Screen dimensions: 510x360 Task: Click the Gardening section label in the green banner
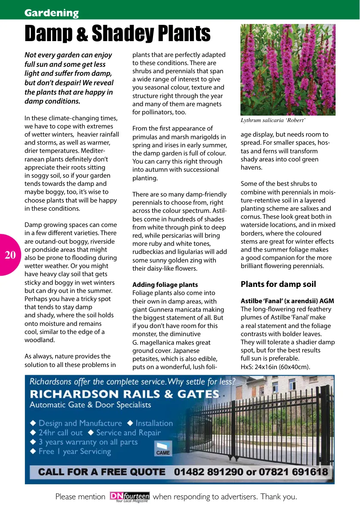click(51, 13)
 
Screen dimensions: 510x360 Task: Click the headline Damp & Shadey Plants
click(117, 34)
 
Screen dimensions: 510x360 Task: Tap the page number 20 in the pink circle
click(10, 255)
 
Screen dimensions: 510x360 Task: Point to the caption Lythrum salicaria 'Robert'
click(273, 120)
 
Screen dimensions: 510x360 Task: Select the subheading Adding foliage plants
click(165, 285)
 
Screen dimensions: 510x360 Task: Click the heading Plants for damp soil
click(278, 284)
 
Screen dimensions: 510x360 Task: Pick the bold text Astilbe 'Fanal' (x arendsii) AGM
click(287, 301)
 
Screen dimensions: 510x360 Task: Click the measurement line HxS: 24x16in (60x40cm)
click(275, 367)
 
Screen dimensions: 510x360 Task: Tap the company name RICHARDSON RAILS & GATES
click(124, 394)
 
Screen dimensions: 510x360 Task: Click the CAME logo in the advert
click(163, 449)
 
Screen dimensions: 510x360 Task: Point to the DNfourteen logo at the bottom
click(129, 497)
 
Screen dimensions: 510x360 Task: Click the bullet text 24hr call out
click(60, 433)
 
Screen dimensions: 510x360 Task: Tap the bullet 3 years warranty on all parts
click(88, 442)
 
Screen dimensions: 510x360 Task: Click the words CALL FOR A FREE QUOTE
click(102, 472)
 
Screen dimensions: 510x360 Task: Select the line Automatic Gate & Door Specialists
click(90, 405)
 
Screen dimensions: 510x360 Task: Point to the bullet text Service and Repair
click(128, 433)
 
